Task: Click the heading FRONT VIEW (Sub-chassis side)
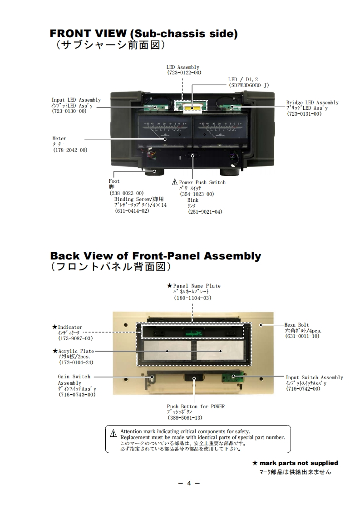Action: (143, 34)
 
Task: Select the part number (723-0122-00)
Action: (184, 73)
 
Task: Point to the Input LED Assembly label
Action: (76, 100)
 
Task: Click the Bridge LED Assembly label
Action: (312, 103)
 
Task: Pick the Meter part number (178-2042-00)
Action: (70, 150)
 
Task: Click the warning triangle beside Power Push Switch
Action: (175, 182)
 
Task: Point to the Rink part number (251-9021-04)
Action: (205, 211)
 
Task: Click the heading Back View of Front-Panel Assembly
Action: (155, 256)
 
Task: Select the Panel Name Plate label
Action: (197, 286)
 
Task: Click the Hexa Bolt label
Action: (296, 325)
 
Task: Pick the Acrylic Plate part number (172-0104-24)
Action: (76, 362)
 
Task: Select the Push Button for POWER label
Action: (196, 406)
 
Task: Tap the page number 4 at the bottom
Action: (188, 483)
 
